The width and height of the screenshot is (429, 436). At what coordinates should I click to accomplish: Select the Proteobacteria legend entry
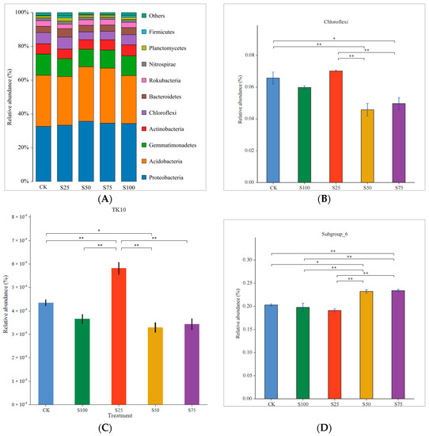(177, 177)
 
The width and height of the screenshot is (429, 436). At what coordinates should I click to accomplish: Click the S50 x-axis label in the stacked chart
(86, 188)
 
